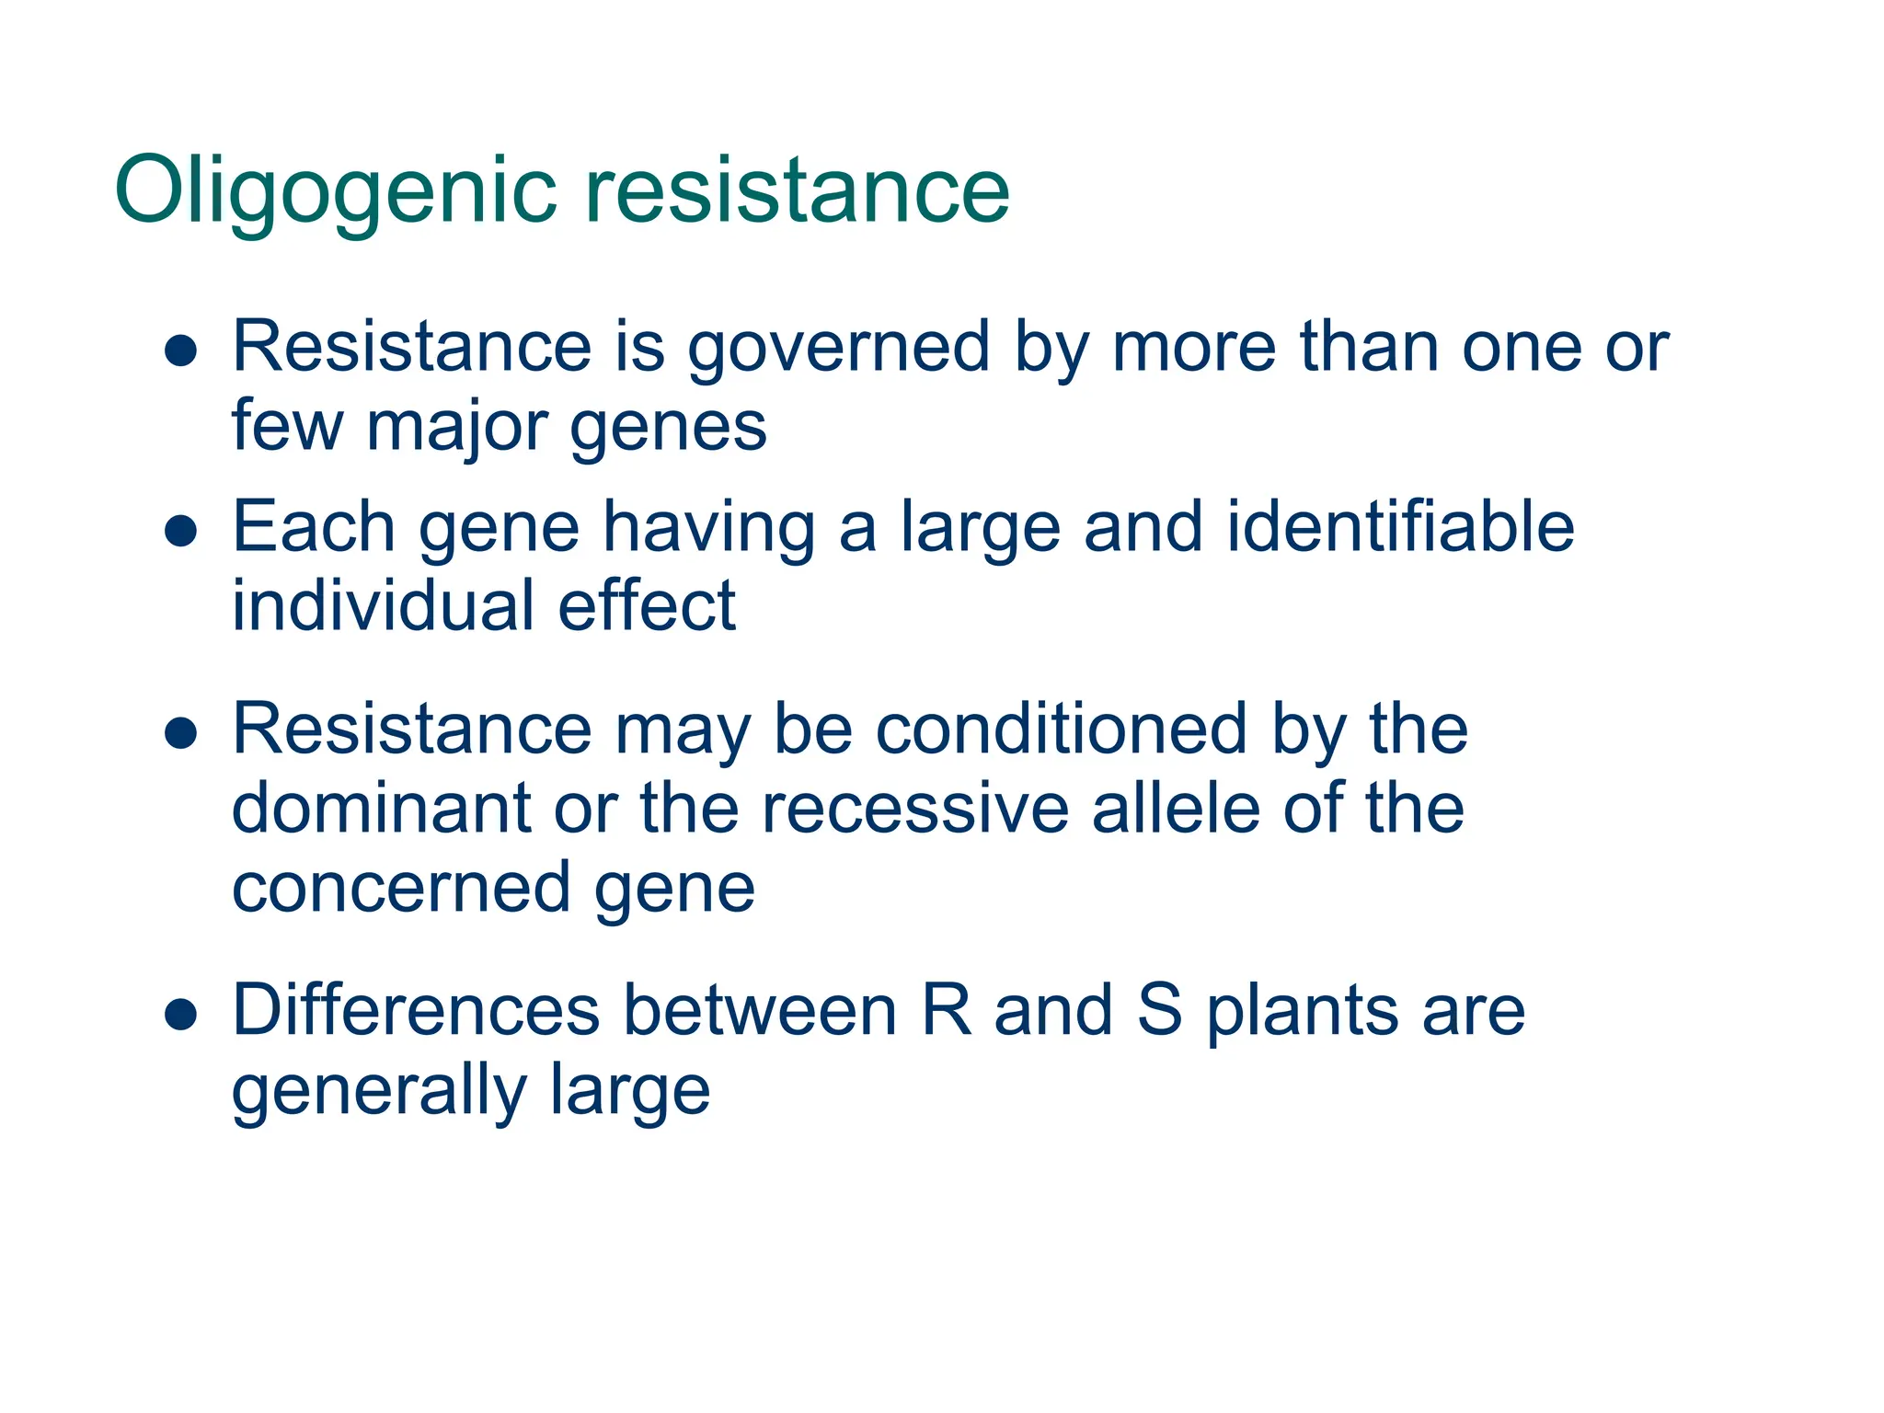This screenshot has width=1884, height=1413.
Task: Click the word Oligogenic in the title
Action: click(336, 191)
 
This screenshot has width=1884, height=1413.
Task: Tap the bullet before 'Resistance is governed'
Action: click(181, 350)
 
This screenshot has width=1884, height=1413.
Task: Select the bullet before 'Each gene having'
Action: click(181, 531)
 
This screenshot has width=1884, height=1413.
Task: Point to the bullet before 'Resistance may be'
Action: click(181, 733)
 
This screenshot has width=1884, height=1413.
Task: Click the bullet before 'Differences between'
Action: click(181, 1014)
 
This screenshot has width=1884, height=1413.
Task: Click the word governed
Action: click(838, 350)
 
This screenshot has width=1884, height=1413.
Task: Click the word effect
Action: click(647, 607)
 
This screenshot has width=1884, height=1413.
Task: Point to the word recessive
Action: click(914, 809)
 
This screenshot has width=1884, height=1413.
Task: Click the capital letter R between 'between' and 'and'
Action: click(946, 1011)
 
